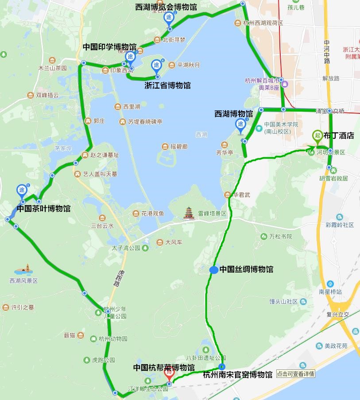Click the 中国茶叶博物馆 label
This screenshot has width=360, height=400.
point(43,208)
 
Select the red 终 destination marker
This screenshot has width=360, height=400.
point(169,373)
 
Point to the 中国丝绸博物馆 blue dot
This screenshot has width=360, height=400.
point(213,270)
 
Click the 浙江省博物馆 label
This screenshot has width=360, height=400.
point(167,85)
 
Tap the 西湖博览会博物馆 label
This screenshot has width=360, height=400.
point(166,7)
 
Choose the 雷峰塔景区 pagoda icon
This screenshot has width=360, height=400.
point(190,213)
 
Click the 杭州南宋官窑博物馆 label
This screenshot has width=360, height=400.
point(237,375)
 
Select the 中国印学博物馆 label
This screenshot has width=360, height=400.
point(109,47)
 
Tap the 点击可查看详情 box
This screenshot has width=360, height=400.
point(296,374)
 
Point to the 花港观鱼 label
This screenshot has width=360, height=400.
point(153,214)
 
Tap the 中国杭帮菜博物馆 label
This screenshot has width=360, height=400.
point(164,367)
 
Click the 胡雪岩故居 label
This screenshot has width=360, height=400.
point(333,179)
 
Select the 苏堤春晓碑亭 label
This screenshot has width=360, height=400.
point(145,121)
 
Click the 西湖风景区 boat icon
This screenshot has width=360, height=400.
point(23,270)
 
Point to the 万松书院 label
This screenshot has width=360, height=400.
point(280,237)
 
